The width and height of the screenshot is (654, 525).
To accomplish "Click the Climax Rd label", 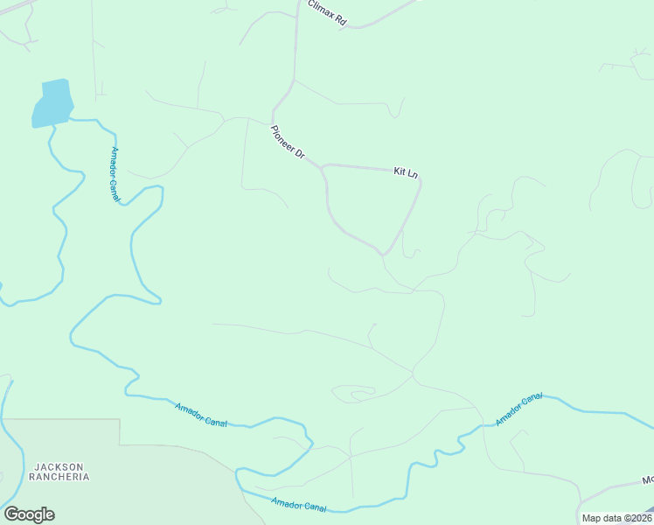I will tap(326, 12).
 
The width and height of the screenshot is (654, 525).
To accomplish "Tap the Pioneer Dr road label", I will tap(287, 143).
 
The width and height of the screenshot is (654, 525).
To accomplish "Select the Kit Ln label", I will tap(406, 172).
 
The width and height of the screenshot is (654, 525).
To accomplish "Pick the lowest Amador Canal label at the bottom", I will tap(298, 506).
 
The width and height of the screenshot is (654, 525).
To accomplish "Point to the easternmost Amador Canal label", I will tap(519, 409).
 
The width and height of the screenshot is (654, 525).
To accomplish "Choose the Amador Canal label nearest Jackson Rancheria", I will tap(200, 415).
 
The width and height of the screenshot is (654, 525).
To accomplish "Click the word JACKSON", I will tap(59, 466).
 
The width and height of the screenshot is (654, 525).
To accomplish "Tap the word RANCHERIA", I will tap(59, 477).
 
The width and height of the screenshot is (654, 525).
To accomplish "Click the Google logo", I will tap(29, 514).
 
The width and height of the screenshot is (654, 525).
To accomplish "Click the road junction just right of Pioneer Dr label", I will tap(324, 164).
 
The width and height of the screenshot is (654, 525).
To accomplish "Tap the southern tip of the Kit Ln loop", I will tap(382, 254).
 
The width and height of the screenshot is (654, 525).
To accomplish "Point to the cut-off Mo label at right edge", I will tap(647, 480).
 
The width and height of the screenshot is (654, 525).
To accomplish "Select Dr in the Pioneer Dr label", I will tap(298, 154).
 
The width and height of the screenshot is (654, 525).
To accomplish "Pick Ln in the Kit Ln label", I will tap(413, 174).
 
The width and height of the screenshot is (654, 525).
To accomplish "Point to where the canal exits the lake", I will tap(53, 125).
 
